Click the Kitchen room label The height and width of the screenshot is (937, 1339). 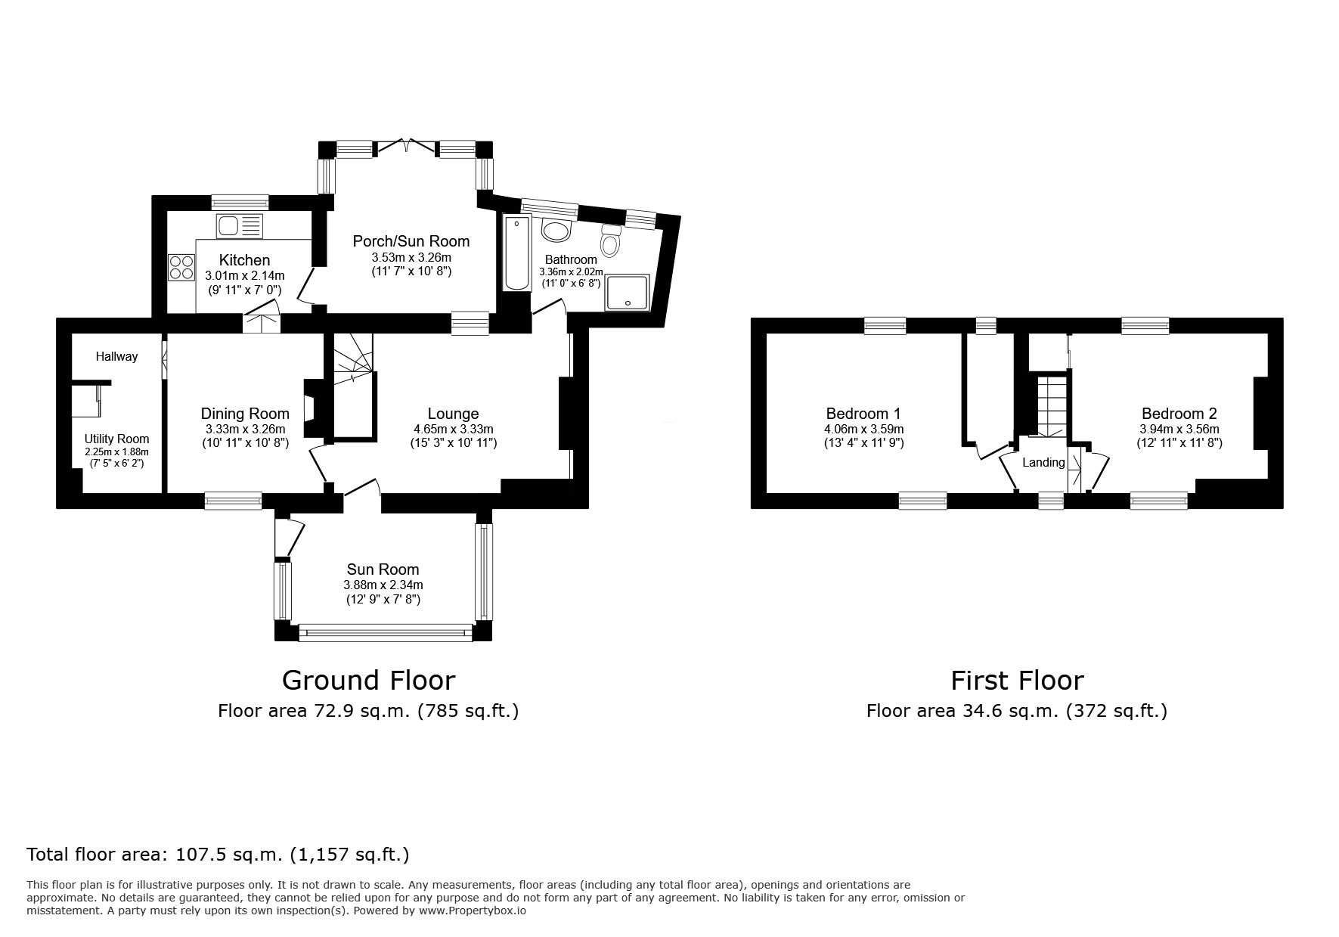click(244, 260)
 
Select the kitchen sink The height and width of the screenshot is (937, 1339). click(239, 225)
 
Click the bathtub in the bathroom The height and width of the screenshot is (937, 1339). click(517, 253)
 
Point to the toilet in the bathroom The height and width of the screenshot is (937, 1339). click(610, 240)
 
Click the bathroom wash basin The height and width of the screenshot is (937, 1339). click(558, 231)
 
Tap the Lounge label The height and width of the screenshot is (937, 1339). click(453, 414)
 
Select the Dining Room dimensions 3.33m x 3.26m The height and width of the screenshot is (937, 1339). click(245, 429)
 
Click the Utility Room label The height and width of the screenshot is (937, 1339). click(116, 439)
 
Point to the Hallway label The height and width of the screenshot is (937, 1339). click(116, 356)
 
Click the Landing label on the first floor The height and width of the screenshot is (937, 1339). click(1043, 462)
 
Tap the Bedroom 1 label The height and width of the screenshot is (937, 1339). click(863, 414)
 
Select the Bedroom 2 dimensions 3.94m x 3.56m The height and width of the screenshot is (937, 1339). click(1179, 429)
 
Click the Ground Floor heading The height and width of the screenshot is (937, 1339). click(368, 680)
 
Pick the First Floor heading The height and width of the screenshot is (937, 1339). click(1017, 680)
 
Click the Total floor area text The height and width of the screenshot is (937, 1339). click(218, 855)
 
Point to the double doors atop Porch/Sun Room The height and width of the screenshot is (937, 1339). click(406, 145)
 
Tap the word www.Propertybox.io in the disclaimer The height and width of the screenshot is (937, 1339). click(473, 911)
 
